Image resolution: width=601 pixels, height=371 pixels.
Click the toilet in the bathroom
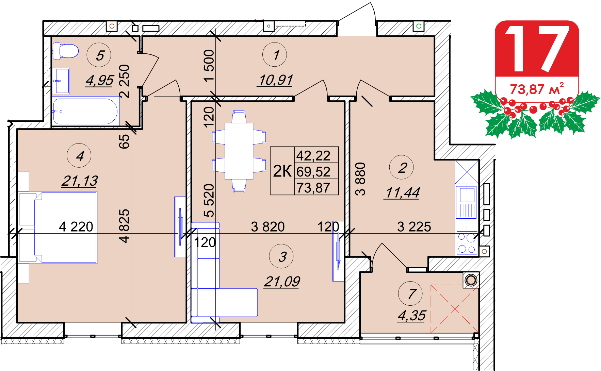pos(65,51)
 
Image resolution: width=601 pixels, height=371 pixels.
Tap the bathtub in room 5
pos(85,111)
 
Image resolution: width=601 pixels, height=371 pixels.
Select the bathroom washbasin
pos(61,81)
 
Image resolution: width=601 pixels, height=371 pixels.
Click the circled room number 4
pos(79,156)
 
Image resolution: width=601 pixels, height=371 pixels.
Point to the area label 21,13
pos(80,181)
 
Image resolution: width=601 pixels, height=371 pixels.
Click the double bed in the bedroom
pos(58,227)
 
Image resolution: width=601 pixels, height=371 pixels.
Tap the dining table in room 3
pos(239,151)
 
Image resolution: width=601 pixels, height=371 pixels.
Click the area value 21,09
pos(282,282)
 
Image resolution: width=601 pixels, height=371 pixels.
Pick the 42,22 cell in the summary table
pos(313,155)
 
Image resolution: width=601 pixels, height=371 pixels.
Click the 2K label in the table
pos(282,171)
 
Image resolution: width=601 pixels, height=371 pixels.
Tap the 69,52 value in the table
pos(313,171)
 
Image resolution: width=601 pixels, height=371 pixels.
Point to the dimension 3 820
pos(268,227)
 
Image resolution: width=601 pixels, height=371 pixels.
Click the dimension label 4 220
pos(76,227)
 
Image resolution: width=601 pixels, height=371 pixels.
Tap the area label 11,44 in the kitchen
pos(402,192)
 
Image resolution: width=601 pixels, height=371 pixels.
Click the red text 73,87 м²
pos(537,89)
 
